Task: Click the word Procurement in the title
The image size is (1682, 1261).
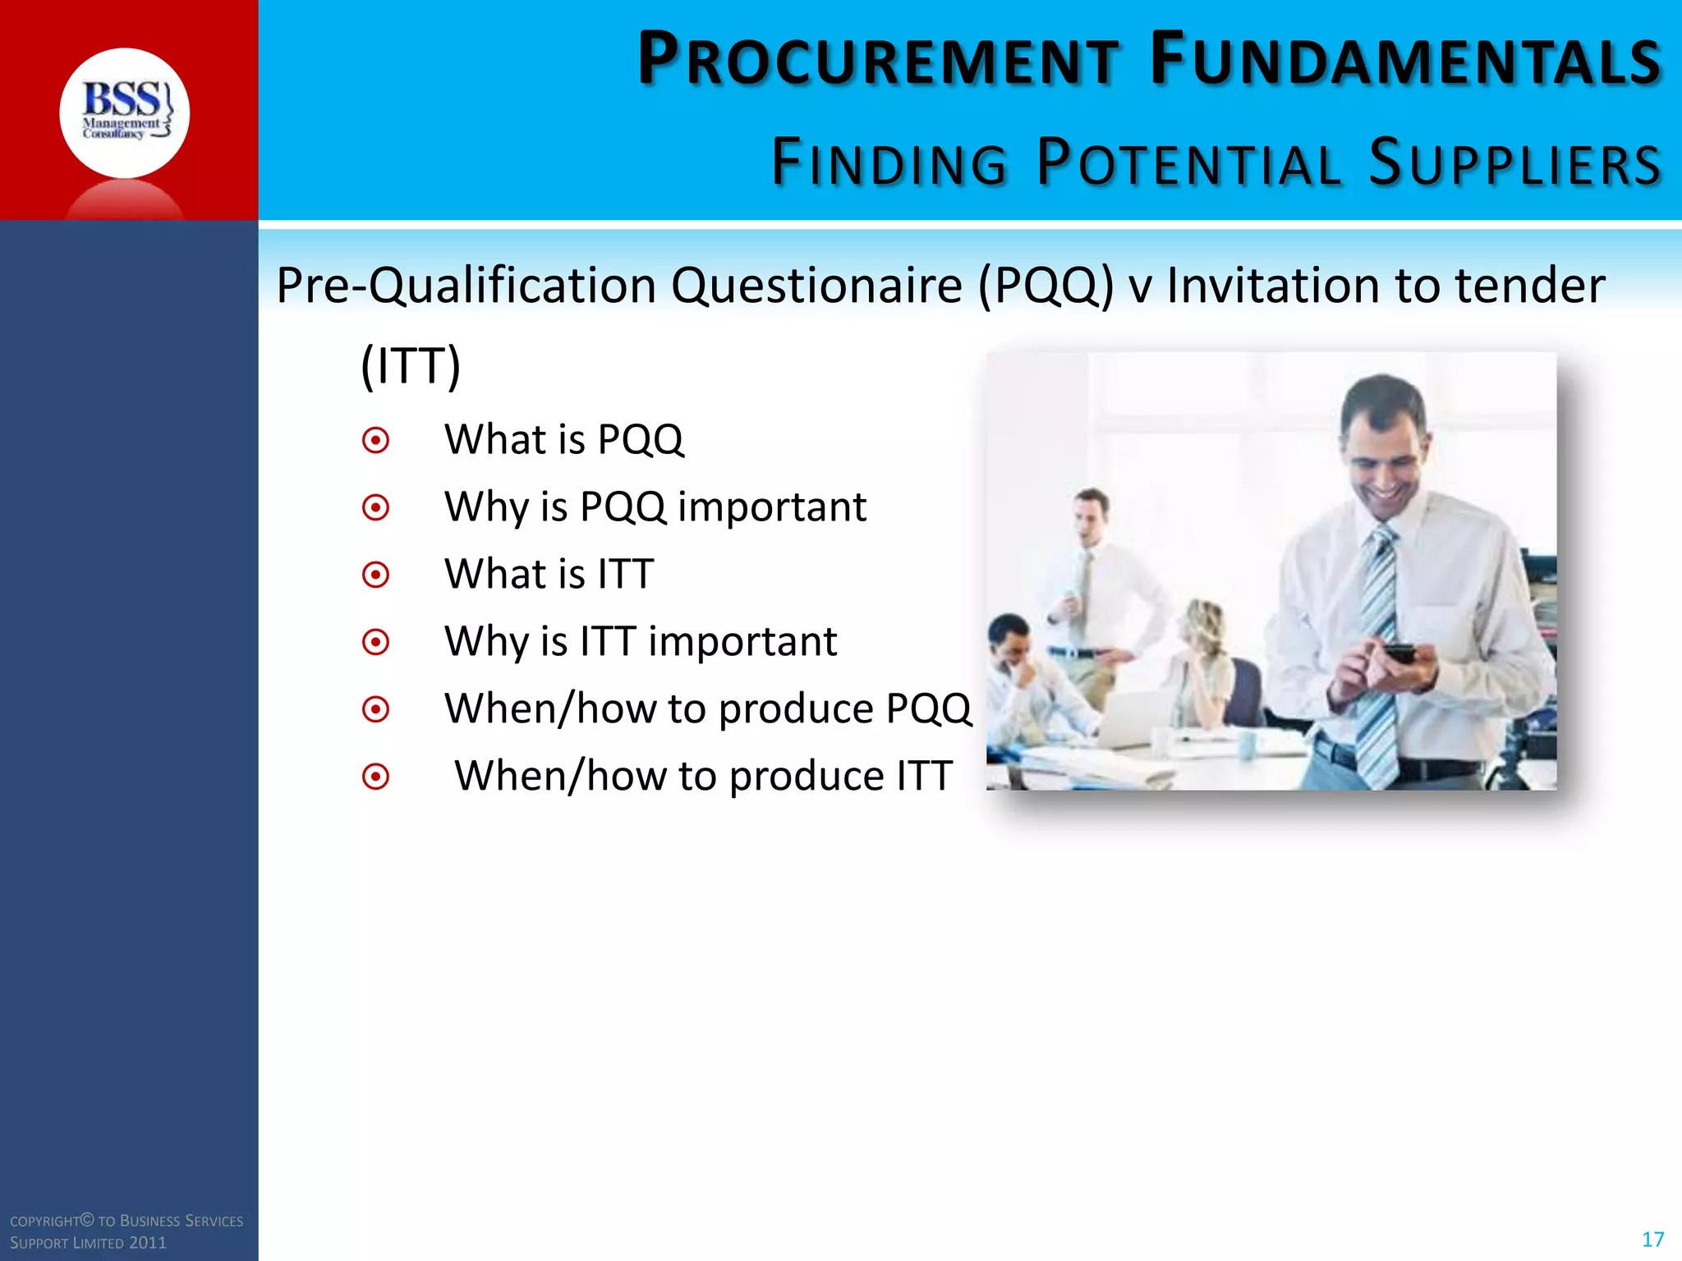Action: pyautogui.click(x=879, y=60)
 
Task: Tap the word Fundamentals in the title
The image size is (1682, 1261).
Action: pyautogui.click(x=1405, y=60)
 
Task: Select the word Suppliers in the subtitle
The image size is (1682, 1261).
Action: pyautogui.click(x=1515, y=163)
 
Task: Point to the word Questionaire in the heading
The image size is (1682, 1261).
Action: pyautogui.click(x=816, y=286)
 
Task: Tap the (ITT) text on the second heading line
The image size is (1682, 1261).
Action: pyautogui.click(x=411, y=366)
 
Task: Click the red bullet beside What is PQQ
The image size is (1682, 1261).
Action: pyautogui.click(x=375, y=441)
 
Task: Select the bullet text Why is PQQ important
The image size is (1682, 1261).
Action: pyautogui.click(x=655, y=507)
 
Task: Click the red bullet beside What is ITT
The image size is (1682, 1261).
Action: pyautogui.click(x=375, y=575)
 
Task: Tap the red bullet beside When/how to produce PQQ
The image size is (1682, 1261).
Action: pyautogui.click(x=375, y=708)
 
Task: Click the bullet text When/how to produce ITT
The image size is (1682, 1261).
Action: pyautogui.click(x=703, y=776)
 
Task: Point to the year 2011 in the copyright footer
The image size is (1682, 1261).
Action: pyautogui.click(x=148, y=1243)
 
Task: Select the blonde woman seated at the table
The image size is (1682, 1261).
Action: pyautogui.click(x=1203, y=665)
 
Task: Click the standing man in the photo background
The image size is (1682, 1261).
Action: pyautogui.click(x=1092, y=591)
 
